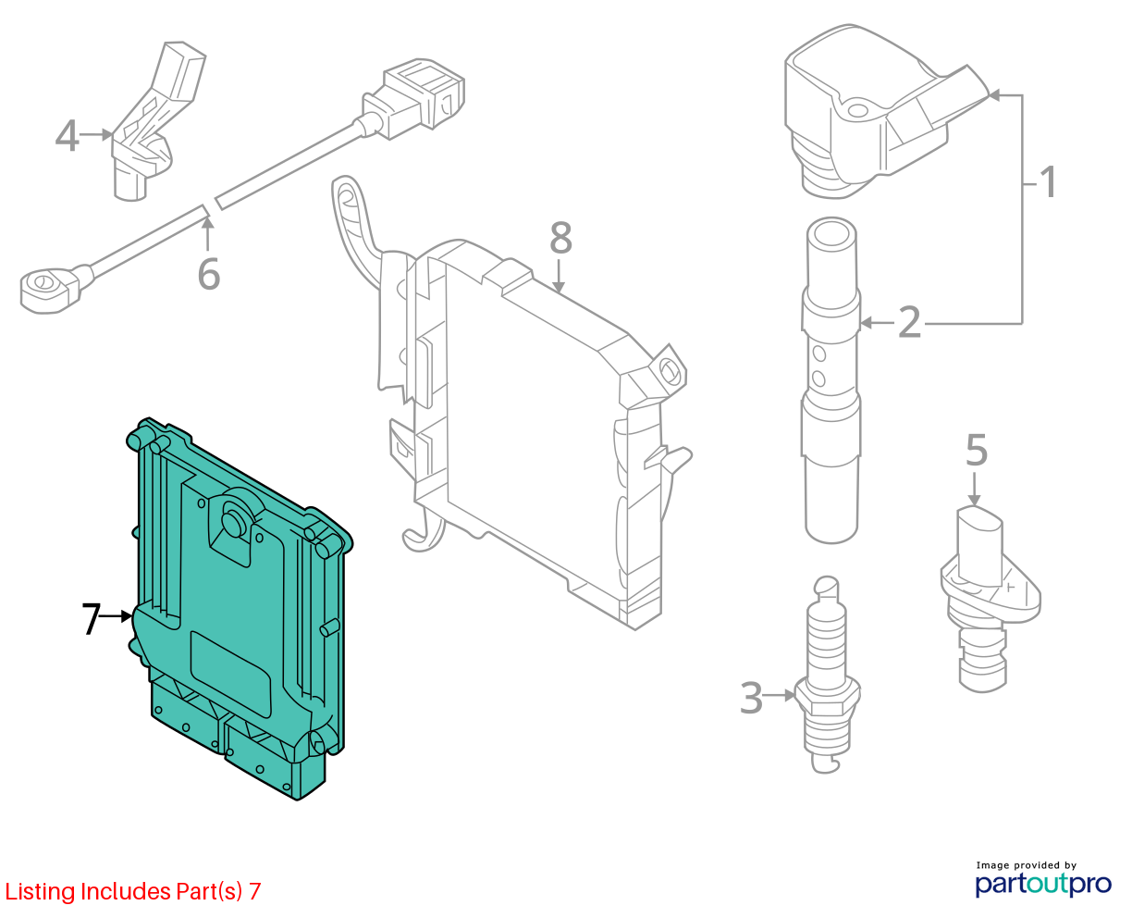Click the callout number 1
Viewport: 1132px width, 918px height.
(x=1048, y=182)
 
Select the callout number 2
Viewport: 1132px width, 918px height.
(x=909, y=322)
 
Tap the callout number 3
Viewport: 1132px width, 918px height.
(x=752, y=697)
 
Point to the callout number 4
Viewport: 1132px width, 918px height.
(x=68, y=135)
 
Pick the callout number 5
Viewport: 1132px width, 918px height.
(x=977, y=450)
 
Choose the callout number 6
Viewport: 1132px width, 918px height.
(x=209, y=274)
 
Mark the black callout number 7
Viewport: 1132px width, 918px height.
(x=91, y=618)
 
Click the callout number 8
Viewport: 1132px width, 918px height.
(x=560, y=237)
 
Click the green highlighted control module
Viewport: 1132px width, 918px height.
(x=240, y=606)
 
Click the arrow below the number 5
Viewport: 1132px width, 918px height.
(x=974, y=490)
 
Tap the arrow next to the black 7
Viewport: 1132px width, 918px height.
(x=117, y=616)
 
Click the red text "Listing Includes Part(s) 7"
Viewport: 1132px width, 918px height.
(x=133, y=891)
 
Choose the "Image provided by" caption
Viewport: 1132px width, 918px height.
(x=1027, y=865)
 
